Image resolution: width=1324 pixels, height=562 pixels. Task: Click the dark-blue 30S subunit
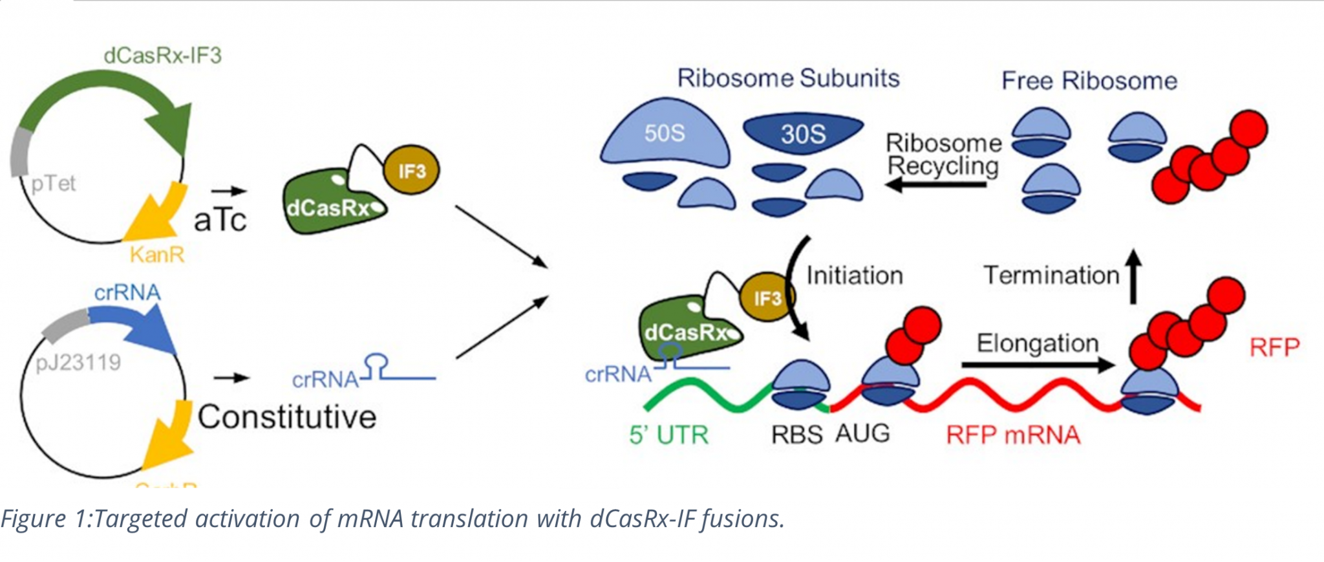click(803, 133)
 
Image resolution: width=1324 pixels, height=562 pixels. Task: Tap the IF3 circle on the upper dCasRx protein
click(411, 171)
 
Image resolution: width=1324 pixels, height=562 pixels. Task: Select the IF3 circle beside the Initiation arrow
click(767, 297)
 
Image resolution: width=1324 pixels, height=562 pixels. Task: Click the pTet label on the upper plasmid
click(53, 184)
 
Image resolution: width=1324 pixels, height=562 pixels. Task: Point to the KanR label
click(157, 255)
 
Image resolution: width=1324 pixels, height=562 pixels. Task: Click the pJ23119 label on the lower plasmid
click(78, 362)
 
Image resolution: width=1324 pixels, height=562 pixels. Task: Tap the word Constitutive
click(287, 417)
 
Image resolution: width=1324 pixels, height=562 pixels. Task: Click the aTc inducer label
click(220, 221)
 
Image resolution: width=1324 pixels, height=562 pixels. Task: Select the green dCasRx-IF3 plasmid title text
click(162, 56)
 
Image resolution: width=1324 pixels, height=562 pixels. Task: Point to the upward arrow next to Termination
click(1133, 277)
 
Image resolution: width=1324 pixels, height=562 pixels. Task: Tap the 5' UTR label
click(668, 435)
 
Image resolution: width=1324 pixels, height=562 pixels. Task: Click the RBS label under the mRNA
click(796, 435)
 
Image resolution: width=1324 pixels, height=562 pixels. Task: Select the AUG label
click(862, 433)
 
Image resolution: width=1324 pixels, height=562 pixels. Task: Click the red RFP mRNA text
click(1013, 435)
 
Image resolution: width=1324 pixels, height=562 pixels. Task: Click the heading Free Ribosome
click(1089, 81)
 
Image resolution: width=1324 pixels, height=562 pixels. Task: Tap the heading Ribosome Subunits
click(788, 78)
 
